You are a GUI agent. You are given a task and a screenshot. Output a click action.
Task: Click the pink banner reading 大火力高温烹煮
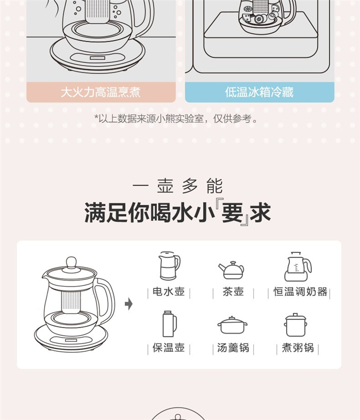pyautogui.click(x=101, y=92)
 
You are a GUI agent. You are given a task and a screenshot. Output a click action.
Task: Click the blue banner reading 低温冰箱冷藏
pyautogui.click(x=260, y=92)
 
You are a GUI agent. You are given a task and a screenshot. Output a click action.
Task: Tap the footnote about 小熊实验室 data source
pyautogui.click(x=176, y=119)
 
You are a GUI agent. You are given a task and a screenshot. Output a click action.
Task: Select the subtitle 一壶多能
pyautogui.click(x=177, y=186)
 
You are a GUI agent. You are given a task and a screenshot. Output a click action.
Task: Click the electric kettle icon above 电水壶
pyautogui.click(x=169, y=266)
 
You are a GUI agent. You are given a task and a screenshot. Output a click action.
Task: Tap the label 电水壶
pyautogui.click(x=169, y=292)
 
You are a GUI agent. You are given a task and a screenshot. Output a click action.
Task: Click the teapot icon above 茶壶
pyautogui.click(x=231, y=270)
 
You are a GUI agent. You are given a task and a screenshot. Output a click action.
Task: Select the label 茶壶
pyautogui.click(x=233, y=292)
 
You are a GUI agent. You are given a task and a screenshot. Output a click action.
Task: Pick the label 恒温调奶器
pyautogui.click(x=300, y=292)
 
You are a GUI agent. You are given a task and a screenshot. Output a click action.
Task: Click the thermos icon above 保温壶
pyautogui.click(x=169, y=324)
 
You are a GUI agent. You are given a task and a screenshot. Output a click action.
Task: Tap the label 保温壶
pyautogui.click(x=169, y=348)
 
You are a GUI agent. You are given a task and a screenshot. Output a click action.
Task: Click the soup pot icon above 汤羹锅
pyautogui.click(x=232, y=325)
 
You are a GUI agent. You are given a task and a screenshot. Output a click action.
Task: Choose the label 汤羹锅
pyautogui.click(x=233, y=348)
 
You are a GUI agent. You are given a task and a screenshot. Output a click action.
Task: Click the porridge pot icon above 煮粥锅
pyautogui.click(x=296, y=324)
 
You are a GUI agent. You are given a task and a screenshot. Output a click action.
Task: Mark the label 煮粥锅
pyautogui.click(x=298, y=348)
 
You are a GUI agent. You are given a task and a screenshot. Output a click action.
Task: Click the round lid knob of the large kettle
pyautogui.click(x=71, y=262)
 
